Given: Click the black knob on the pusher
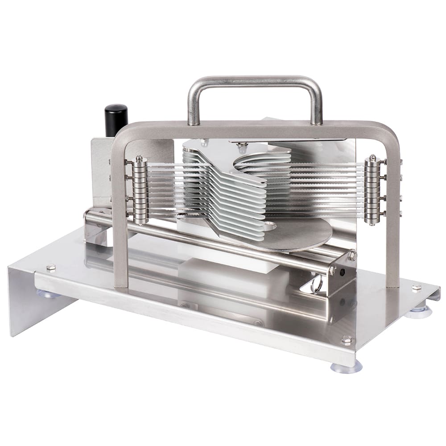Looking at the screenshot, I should click(x=116, y=120).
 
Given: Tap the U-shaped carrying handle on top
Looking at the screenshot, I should click(x=254, y=82).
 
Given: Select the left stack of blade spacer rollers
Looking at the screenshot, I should click(x=140, y=190).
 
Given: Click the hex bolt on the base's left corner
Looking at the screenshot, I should click(x=50, y=267).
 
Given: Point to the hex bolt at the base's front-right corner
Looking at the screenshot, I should click(x=347, y=340).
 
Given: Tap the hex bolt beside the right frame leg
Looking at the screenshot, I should click(x=416, y=288).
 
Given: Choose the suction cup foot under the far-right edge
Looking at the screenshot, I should click(x=419, y=312).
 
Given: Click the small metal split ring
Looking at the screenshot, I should click(x=317, y=285).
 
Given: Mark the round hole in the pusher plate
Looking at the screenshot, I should click(x=269, y=226).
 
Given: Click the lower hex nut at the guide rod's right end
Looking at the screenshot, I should click(x=333, y=270).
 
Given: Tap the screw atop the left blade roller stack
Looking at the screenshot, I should click(x=140, y=158).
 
